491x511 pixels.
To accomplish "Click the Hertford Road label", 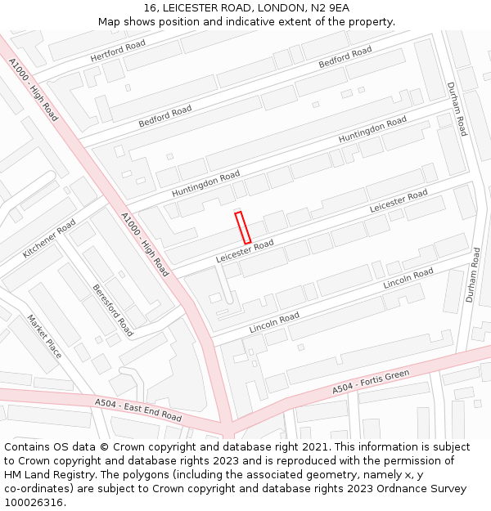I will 118,51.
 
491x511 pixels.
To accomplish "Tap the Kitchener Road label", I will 49,239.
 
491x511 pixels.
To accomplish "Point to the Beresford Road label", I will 112,311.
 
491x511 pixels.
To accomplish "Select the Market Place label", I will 44,336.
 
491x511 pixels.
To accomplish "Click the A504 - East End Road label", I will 138,410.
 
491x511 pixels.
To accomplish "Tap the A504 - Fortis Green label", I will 370,383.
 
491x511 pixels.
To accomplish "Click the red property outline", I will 242,227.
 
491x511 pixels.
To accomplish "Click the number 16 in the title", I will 149,8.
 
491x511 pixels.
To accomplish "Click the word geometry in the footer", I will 318,475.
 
